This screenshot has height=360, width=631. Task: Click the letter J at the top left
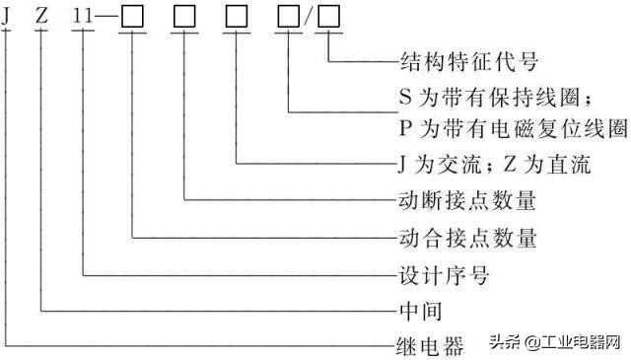(x=8, y=16)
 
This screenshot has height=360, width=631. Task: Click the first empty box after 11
(x=133, y=17)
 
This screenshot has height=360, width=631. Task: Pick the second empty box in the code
(x=185, y=17)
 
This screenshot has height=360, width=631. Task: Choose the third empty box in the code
(x=238, y=17)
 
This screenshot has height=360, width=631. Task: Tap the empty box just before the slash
(x=290, y=17)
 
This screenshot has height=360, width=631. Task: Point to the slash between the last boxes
(x=309, y=17)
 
